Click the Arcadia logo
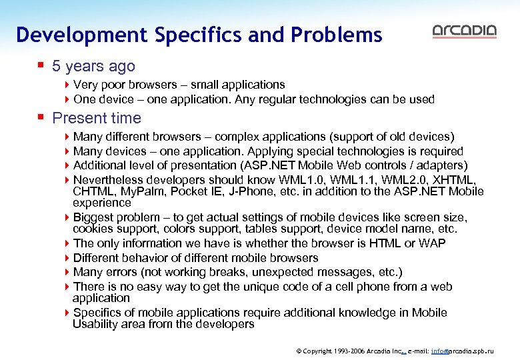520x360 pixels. point(465,31)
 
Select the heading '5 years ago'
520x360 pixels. point(93,66)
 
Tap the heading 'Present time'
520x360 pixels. point(97,118)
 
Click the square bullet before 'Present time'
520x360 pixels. point(41,118)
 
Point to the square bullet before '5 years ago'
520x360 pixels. point(41,65)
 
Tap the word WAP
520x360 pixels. point(433,243)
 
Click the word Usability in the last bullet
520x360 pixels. point(98,324)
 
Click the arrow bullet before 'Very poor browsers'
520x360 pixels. point(67,85)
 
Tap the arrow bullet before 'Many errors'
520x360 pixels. point(67,272)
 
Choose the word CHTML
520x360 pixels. point(92,191)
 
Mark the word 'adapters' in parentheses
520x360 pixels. point(443,165)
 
